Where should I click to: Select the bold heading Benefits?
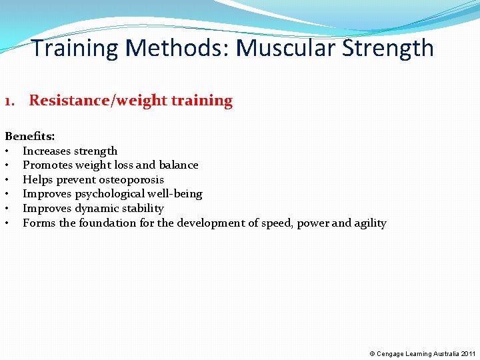pyautogui.click(x=30, y=137)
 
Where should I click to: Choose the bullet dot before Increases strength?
pyautogui.click(x=7, y=151)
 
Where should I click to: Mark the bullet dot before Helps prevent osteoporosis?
pyautogui.click(x=7, y=180)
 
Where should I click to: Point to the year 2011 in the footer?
pyautogui.click(x=467, y=353)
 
